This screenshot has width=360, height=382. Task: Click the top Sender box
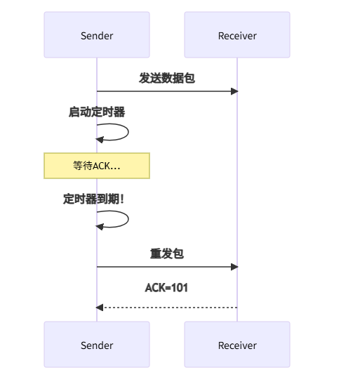click(97, 34)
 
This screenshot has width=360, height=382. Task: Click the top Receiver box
click(237, 34)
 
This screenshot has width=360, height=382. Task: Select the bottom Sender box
click(97, 345)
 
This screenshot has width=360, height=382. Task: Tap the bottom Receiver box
click(237, 345)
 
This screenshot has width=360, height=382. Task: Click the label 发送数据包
click(167, 78)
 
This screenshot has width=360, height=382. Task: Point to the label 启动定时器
click(97, 112)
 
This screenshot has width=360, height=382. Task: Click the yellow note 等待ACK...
click(97, 166)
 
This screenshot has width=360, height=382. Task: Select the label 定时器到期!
click(94, 199)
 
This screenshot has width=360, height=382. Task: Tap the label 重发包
click(167, 253)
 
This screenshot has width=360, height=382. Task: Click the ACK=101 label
click(167, 287)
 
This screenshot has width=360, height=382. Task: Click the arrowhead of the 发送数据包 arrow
click(234, 91)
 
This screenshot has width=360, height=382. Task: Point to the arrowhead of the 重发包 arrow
click(234, 267)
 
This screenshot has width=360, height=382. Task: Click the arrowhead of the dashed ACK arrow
click(100, 308)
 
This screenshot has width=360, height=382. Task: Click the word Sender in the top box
click(97, 36)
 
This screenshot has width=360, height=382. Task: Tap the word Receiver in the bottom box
click(237, 345)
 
